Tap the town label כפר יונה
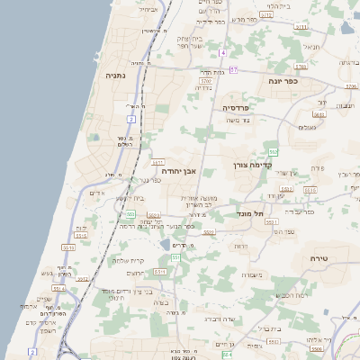click(282, 81)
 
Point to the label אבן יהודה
click(178, 169)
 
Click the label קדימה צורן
click(253, 166)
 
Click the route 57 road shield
click(233, 69)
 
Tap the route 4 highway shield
click(222, 53)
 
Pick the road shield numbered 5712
click(266, 15)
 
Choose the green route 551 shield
click(176, 258)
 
